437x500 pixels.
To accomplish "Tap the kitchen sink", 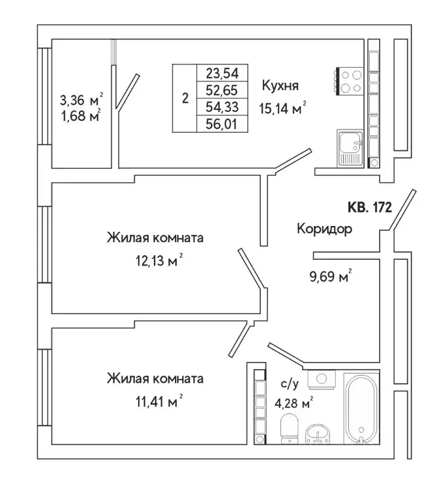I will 350,148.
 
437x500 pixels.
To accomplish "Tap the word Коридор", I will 324,229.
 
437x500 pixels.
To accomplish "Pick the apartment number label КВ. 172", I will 369,208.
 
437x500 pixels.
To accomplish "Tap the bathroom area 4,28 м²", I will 293,401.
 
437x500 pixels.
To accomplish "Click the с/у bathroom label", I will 290,384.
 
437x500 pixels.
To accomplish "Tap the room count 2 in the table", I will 185,99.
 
